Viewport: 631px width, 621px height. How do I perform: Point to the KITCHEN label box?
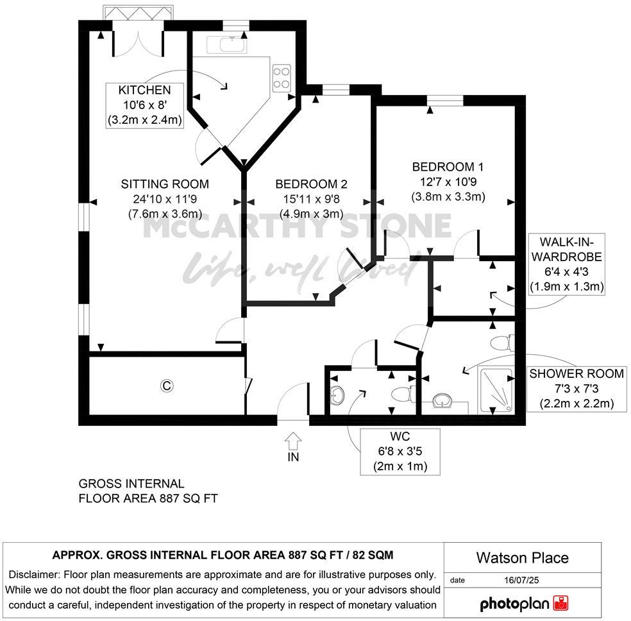click(144, 105)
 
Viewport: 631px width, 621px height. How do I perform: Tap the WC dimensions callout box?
click(400, 452)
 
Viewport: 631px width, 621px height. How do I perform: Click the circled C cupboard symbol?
click(167, 386)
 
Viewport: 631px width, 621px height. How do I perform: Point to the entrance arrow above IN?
click(293, 440)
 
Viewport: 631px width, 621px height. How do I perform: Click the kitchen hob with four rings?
click(282, 78)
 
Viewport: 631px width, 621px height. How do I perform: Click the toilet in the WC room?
click(401, 393)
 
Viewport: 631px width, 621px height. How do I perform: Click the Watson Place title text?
click(522, 557)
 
